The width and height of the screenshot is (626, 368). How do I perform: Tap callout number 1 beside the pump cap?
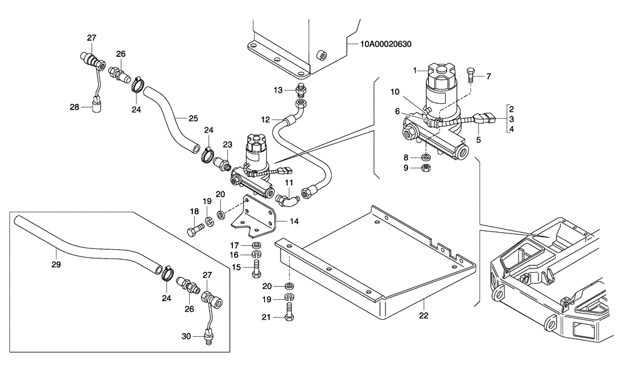tap(414, 71)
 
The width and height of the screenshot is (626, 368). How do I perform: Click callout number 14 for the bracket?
tap(295, 221)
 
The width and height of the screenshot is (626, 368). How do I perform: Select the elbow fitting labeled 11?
tap(289, 198)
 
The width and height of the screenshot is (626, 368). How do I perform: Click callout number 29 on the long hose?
tap(56, 252)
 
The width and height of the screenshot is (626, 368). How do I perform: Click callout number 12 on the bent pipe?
tap(265, 118)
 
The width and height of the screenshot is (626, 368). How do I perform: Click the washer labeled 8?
tap(425, 157)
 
